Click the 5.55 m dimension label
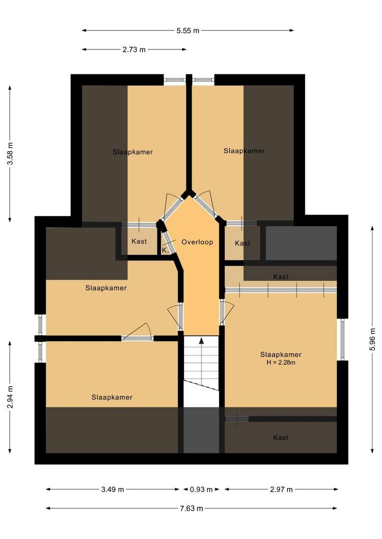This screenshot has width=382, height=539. pyautogui.click(x=187, y=30)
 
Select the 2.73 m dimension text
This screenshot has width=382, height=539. pyautogui.click(x=133, y=49)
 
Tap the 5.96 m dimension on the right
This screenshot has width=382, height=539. pyautogui.click(x=372, y=339)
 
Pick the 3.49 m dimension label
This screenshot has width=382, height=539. pyautogui.click(x=112, y=490)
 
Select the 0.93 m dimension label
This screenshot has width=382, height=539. pyautogui.click(x=201, y=490)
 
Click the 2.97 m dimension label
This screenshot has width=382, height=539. pyautogui.click(x=281, y=490)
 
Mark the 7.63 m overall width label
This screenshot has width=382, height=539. pyautogui.click(x=191, y=509)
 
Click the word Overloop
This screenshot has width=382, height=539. pyautogui.click(x=197, y=242)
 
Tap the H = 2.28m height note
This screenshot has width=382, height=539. pyautogui.click(x=280, y=363)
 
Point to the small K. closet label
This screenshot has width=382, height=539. pyautogui.click(x=165, y=251)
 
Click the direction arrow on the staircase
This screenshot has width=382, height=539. pyautogui.click(x=201, y=341)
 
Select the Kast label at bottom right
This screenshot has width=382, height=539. pyautogui.click(x=280, y=438)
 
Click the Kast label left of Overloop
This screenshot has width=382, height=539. pyautogui.click(x=139, y=242)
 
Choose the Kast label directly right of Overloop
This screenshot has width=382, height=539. pyautogui.click(x=242, y=244)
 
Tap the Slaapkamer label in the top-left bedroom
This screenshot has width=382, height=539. pyautogui.click(x=132, y=152)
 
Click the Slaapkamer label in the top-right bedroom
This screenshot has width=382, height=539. pyautogui.click(x=244, y=151)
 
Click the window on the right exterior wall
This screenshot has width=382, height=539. pyautogui.click(x=342, y=339)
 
